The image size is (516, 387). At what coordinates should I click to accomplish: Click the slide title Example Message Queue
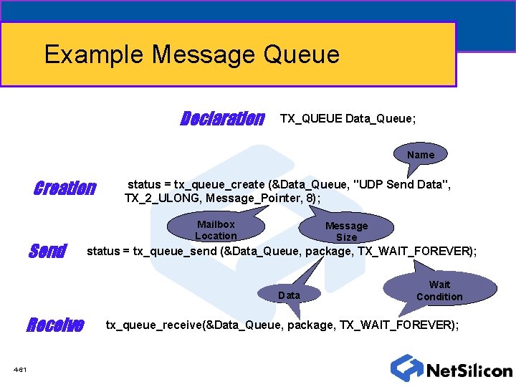point(191,54)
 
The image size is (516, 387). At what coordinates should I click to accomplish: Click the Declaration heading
point(221,118)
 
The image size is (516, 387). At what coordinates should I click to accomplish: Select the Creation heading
point(64,188)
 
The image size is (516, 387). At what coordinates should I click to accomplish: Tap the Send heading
point(47,252)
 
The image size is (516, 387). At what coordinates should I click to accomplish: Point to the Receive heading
point(55,326)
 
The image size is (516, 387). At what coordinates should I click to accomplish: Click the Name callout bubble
point(421,155)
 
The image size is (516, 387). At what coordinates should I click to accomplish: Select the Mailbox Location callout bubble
point(216,230)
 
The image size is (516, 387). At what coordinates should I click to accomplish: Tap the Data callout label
point(289,295)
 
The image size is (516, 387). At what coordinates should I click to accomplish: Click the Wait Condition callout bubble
point(439,290)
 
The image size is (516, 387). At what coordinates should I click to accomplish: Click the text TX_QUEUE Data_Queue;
point(348,118)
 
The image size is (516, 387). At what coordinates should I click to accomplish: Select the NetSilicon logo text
point(469,371)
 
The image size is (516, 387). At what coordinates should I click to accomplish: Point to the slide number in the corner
point(20,369)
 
